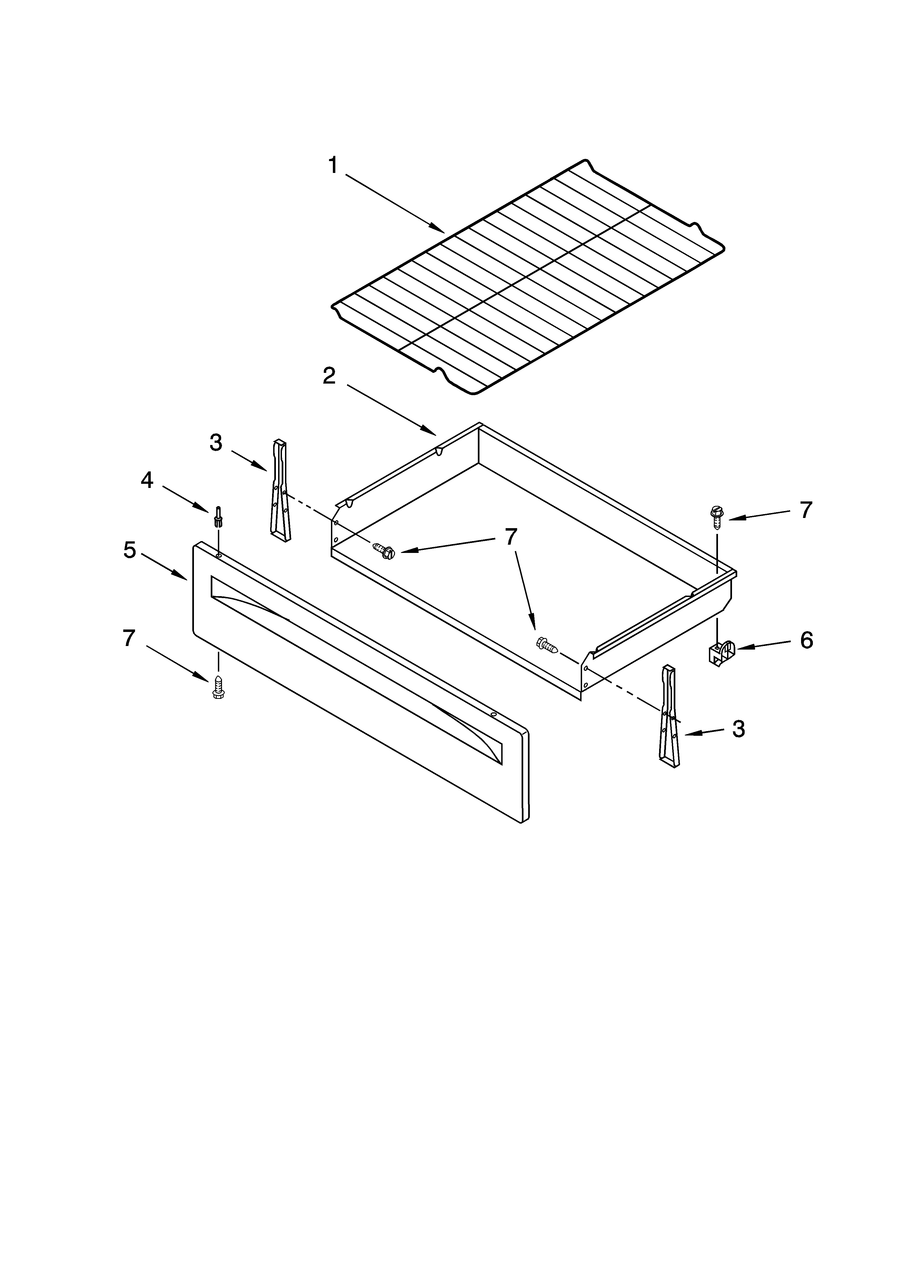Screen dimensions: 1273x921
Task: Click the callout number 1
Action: point(333,166)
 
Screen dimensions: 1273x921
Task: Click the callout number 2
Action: point(329,376)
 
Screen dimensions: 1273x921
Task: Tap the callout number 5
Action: point(130,550)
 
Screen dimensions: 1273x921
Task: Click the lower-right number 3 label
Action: point(739,729)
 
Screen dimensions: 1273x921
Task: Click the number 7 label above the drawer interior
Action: point(510,537)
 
